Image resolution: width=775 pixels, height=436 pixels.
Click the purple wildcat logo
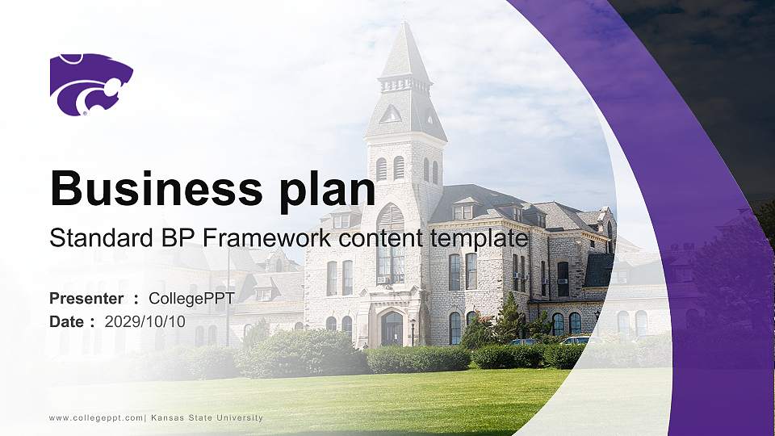(90, 84)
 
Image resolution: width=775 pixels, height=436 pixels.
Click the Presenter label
(86, 299)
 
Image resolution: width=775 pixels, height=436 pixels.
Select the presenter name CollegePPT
(191, 299)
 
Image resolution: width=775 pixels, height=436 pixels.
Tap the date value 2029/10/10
(145, 321)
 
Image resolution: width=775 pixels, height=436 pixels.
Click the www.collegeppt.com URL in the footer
(97, 418)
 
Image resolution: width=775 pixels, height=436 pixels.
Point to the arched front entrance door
(392, 329)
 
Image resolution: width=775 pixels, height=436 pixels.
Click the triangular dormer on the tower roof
(392, 114)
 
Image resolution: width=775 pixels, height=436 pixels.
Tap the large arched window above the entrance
(391, 242)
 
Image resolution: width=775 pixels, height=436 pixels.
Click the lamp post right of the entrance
(413, 329)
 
